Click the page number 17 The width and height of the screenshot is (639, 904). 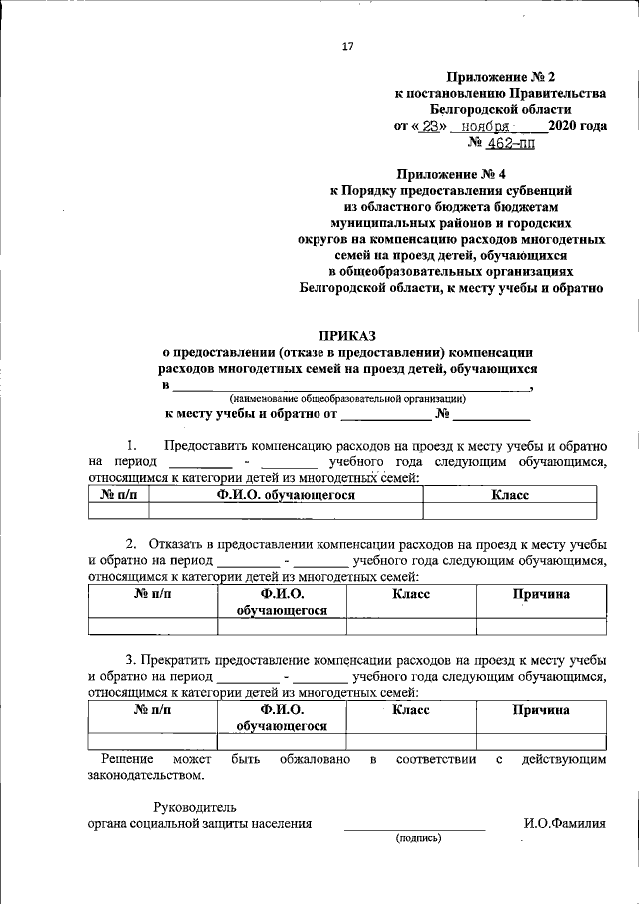tap(348, 46)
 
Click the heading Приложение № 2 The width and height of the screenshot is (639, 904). tap(500, 75)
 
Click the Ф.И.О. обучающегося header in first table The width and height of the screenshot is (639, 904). tap(286, 495)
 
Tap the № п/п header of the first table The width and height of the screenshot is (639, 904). tap(119, 495)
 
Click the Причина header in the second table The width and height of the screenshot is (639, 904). tap(541, 594)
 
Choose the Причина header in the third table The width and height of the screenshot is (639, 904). tap(541, 710)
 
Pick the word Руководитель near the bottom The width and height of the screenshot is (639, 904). tap(195, 806)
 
